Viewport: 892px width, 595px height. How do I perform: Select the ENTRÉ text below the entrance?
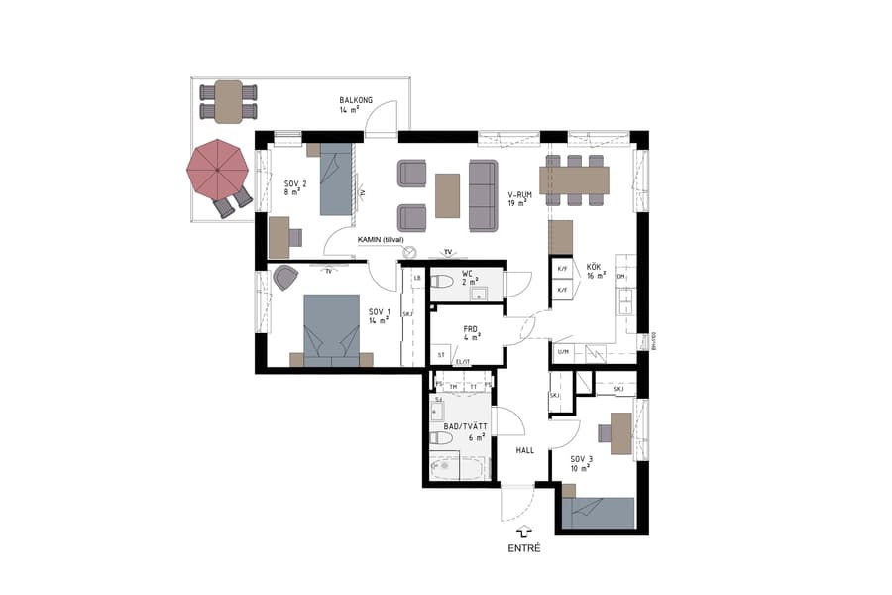pos(524,548)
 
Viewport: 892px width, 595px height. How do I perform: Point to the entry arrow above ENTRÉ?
pos(524,533)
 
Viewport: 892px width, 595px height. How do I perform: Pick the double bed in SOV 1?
pos(331,331)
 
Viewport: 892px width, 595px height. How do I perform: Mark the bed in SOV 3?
pos(598,512)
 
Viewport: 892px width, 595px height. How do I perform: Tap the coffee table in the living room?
pos(448,195)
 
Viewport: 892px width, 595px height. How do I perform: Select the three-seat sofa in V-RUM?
pos(483,194)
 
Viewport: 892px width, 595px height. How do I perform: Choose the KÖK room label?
pos(595,272)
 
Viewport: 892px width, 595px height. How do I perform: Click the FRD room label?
pos(472,332)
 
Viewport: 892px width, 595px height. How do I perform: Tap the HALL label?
pos(524,449)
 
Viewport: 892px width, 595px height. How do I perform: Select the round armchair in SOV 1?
pos(285,279)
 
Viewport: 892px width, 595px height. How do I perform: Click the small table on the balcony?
pos(229,101)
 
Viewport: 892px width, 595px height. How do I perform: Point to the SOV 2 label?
pos(295,188)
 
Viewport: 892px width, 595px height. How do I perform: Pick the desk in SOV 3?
pos(619,432)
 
